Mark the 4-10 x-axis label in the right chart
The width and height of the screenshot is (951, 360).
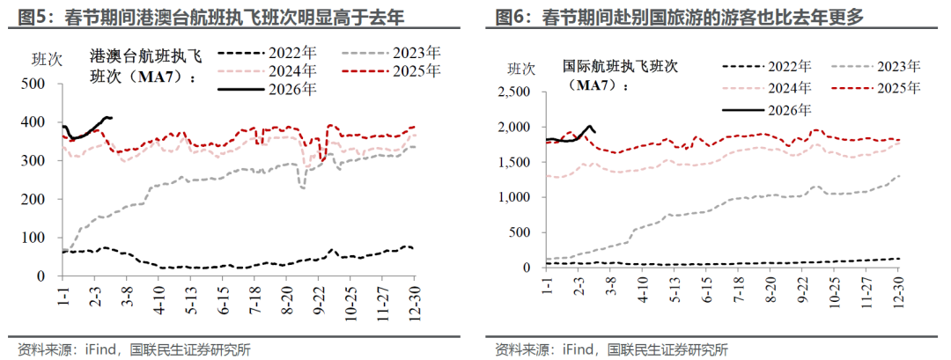(x=647, y=290)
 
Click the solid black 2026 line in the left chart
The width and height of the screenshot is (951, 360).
(x=88, y=130)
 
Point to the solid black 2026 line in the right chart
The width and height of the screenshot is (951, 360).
(x=577, y=136)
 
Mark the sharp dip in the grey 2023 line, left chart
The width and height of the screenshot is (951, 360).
(x=302, y=186)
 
